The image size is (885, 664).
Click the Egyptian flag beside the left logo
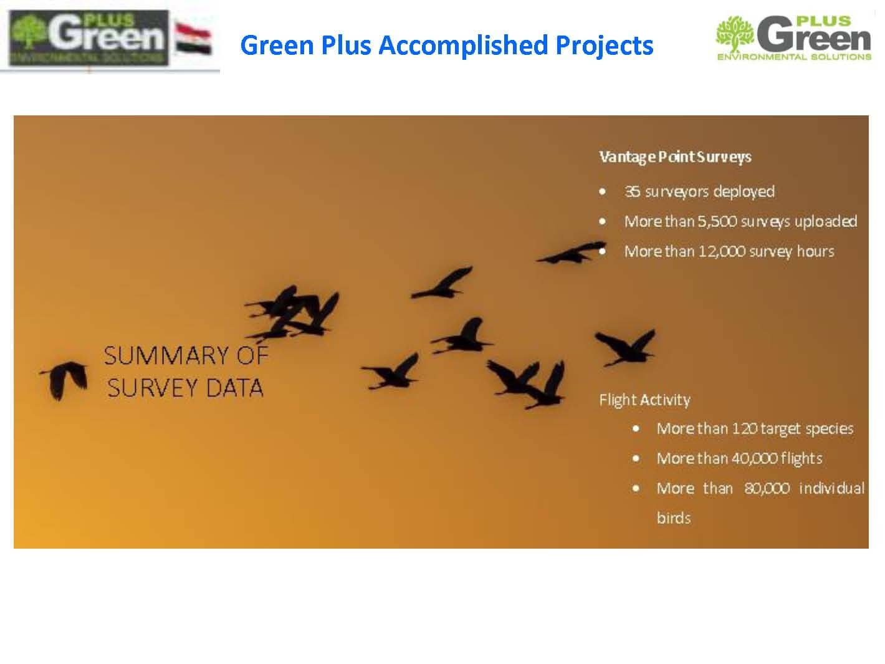(x=193, y=39)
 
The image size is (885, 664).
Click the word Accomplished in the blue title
(x=463, y=45)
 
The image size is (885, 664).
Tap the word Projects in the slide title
(x=605, y=46)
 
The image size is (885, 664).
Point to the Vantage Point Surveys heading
(x=675, y=157)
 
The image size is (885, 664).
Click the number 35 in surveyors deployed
(x=632, y=191)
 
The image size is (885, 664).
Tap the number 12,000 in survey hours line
(x=722, y=251)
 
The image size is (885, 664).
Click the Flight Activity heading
(x=644, y=400)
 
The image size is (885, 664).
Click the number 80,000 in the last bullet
(x=767, y=488)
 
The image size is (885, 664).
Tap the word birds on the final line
(x=673, y=518)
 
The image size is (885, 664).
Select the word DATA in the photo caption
(x=235, y=388)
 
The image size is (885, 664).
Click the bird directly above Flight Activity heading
(x=625, y=347)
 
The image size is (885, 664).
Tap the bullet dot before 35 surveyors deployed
(x=602, y=191)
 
